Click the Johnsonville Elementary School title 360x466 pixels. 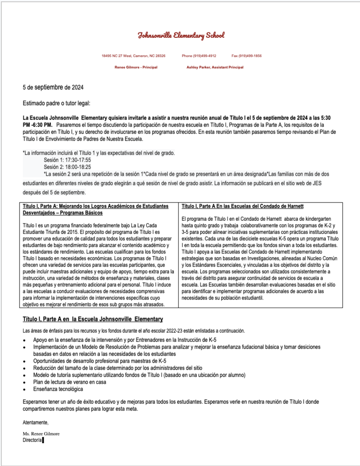pyautogui.click(x=181, y=35)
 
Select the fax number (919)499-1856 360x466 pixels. pyautogui.click(x=246, y=56)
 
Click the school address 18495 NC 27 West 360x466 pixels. pyautogui.click(x=133, y=56)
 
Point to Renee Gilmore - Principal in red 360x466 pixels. pyautogui.click(x=136, y=67)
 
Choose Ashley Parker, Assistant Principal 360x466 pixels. pyautogui.click(x=215, y=67)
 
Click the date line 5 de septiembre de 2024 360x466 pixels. pyautogui.click(x=53, y=87)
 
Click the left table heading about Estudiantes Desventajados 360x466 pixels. pyautogui.click(x=95, y=209)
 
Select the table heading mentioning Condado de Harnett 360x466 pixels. pyautogui.click(x=243, y=206)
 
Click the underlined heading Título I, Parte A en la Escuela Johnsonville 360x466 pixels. pyautogui.click(x=93, y=319)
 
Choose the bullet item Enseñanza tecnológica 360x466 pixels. pyautogui.click(x=58, y=389)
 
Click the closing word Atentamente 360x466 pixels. pyautogui.click(x=35, y=423)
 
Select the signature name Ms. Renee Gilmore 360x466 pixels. pyautogui.click(x=41, y=434)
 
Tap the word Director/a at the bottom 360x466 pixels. pyautogui.click(x=32, y=440)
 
